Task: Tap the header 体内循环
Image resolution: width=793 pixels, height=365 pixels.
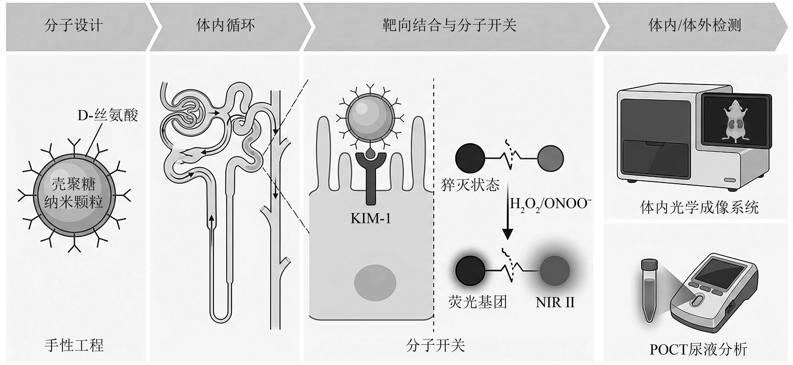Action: [x=226, y=25]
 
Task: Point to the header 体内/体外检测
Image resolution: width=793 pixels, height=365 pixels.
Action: [x=695, y=25]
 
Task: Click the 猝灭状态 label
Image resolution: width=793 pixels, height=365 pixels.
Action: [x=470, y=185]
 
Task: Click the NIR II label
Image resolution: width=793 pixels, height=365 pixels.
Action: [x=555, y=303]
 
